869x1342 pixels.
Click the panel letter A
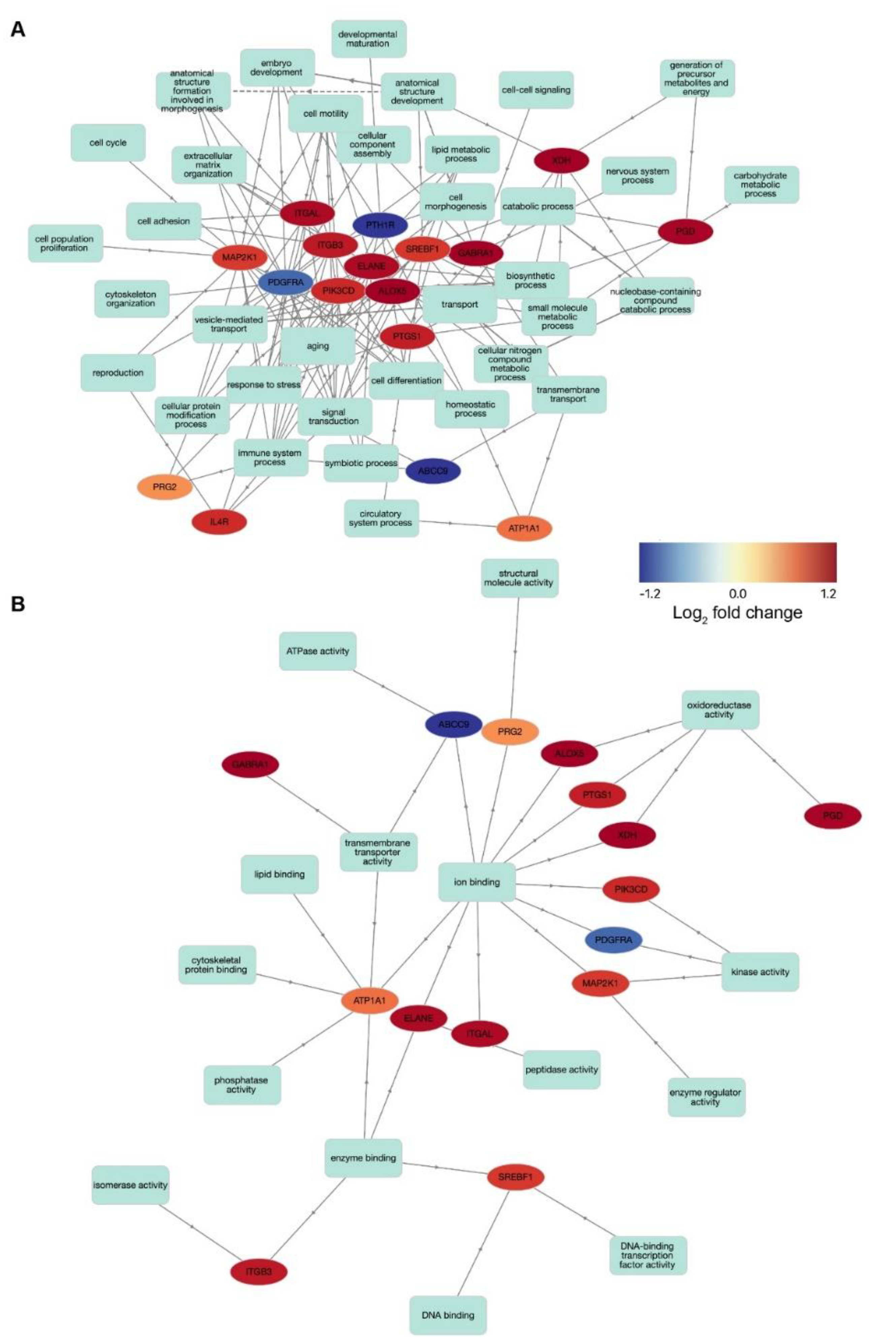(18, 29)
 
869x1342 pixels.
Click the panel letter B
(18, 605)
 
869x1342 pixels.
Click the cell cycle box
(108, 143)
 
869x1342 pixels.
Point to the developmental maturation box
(368, 39)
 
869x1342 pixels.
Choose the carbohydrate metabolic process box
(760, 184)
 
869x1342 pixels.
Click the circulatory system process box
(381, 518)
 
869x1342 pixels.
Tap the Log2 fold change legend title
(737, 612)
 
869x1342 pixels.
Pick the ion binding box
(477, 882)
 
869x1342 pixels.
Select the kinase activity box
(760, 972)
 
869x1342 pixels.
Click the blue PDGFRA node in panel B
(613, 939)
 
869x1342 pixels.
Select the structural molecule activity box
(519, 578)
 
